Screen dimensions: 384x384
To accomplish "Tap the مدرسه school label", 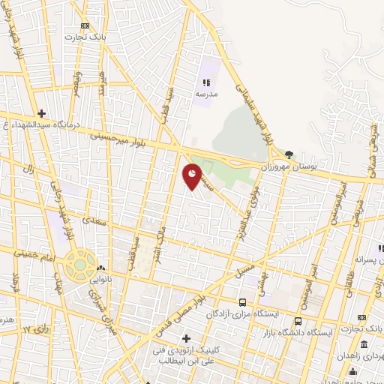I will [x=205, y=94].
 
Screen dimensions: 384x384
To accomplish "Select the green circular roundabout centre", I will [x=80, y=265].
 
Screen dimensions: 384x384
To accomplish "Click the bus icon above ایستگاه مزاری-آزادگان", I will [x=241, y=302].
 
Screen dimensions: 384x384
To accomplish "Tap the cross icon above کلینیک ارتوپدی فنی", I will [x=187, y=340].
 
